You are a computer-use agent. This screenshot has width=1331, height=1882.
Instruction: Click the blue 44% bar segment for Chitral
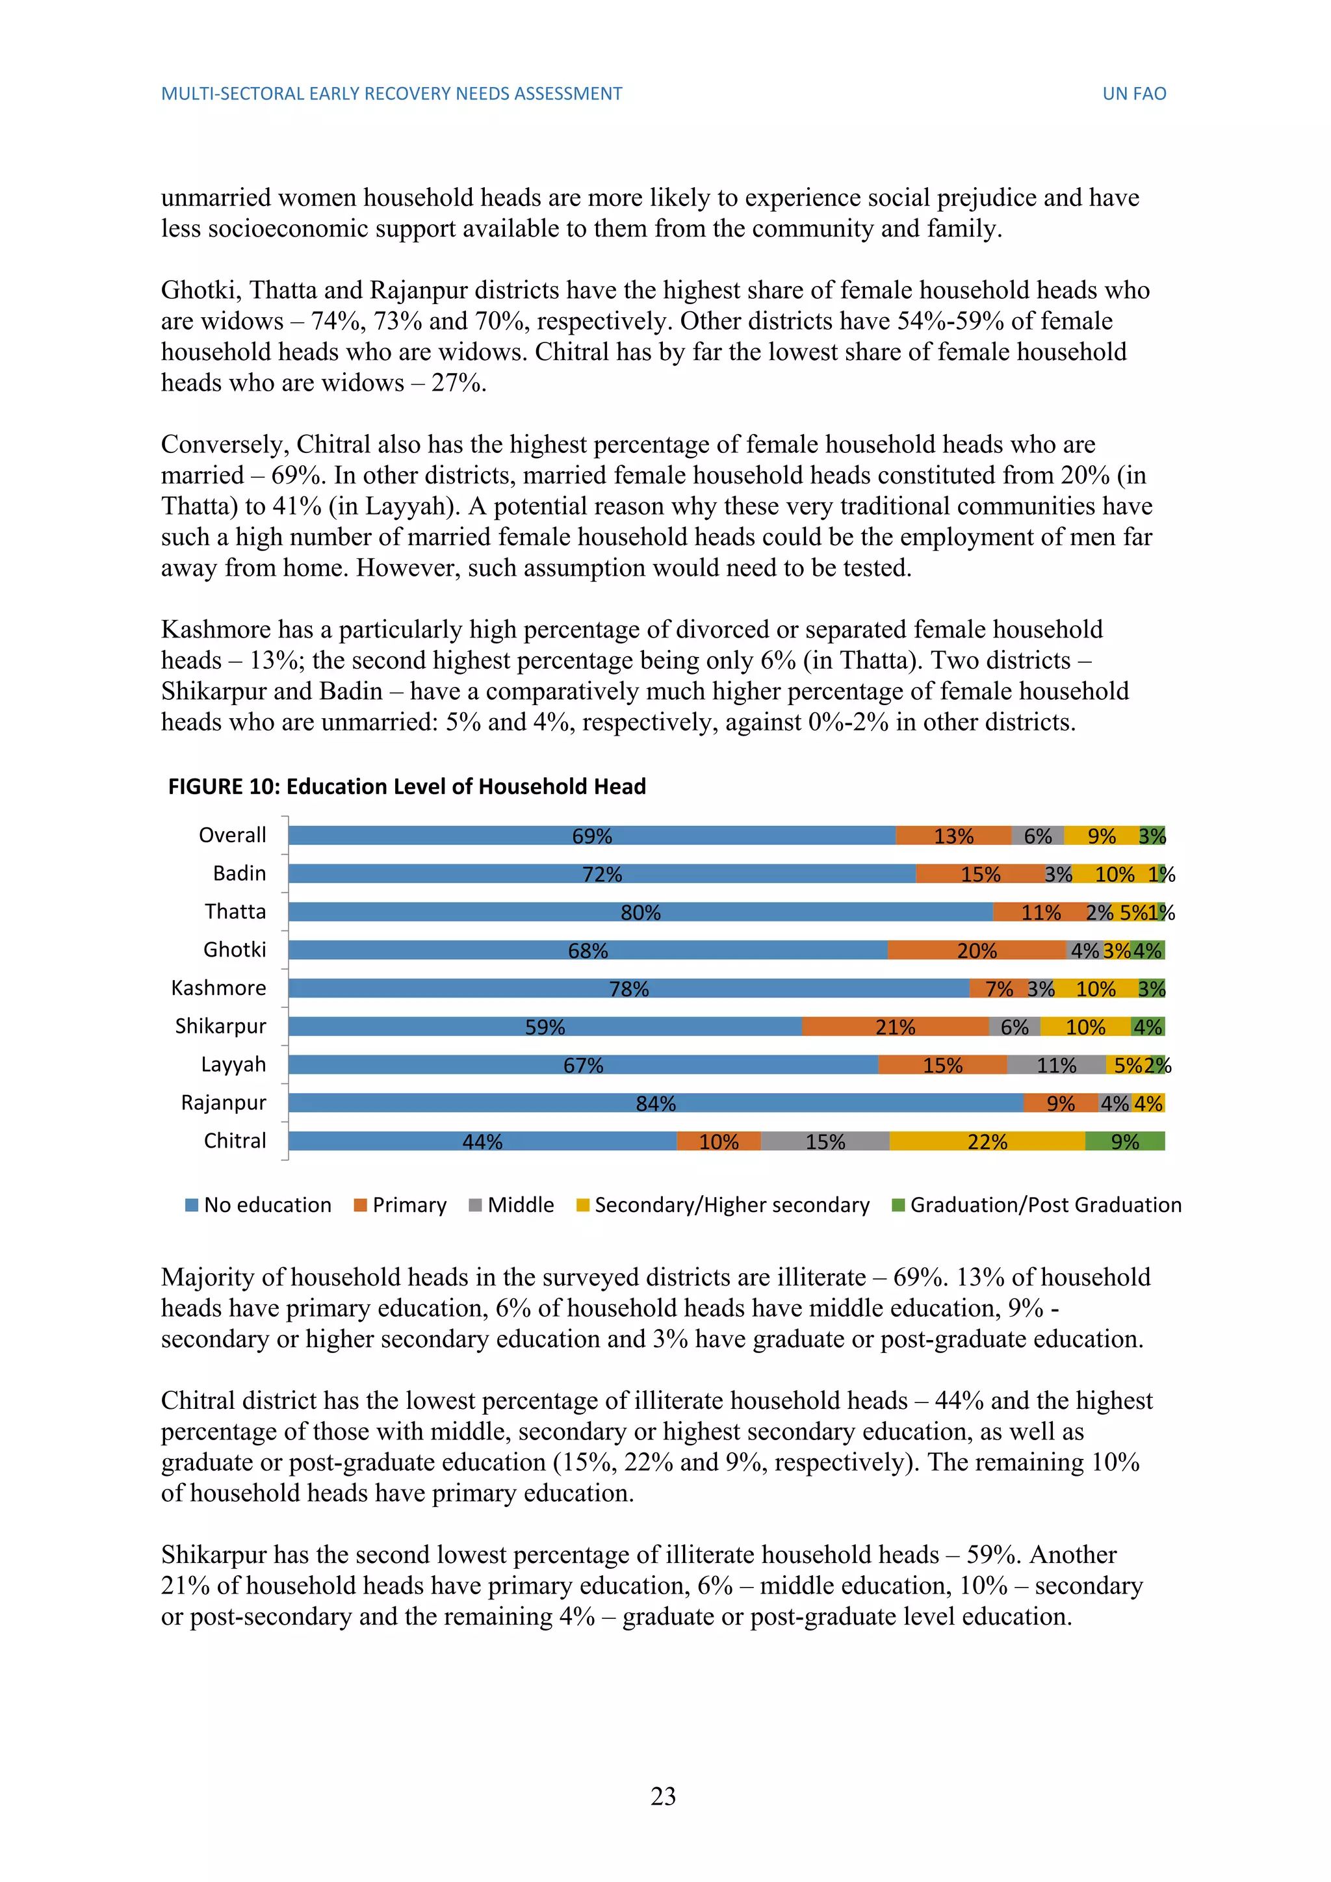[482, 1141]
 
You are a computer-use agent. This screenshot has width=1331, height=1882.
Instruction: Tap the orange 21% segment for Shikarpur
[895, 1026]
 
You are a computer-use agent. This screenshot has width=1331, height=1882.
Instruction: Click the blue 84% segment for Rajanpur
[656, 1103]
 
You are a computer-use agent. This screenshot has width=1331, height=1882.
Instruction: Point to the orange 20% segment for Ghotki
[977, 950]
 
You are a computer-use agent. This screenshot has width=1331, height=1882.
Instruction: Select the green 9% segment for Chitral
[1124, 1141]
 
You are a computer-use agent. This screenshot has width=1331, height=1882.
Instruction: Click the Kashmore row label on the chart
[219, 988]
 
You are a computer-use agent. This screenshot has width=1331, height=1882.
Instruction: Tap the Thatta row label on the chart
[235, 912]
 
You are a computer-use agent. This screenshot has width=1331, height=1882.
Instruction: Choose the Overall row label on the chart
[233, 835]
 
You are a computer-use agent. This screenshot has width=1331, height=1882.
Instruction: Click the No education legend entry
[259, 1205]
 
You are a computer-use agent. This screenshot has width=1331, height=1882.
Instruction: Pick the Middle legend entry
[511, 1205]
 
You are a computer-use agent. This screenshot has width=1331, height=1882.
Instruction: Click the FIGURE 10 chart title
[407, 787]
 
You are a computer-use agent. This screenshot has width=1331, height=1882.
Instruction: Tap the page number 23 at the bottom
[663, 1796]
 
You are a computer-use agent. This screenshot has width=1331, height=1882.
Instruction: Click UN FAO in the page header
[1134, 94]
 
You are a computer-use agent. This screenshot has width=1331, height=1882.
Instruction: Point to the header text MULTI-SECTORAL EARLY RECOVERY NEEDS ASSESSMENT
[392, 94]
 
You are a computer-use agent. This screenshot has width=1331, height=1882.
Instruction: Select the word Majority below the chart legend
[208, 1277]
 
